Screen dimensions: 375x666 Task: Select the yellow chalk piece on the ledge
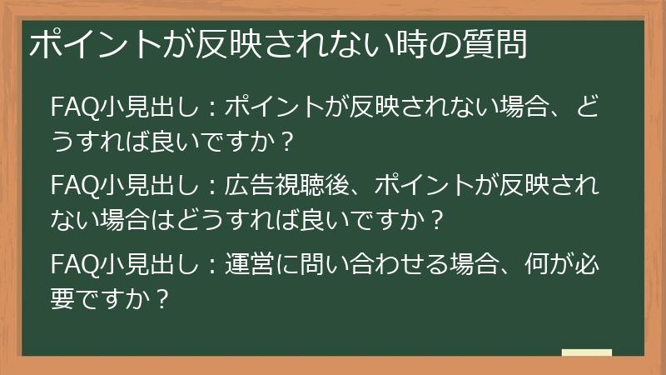[586, 353]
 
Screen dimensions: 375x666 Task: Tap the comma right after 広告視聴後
[358, 188]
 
